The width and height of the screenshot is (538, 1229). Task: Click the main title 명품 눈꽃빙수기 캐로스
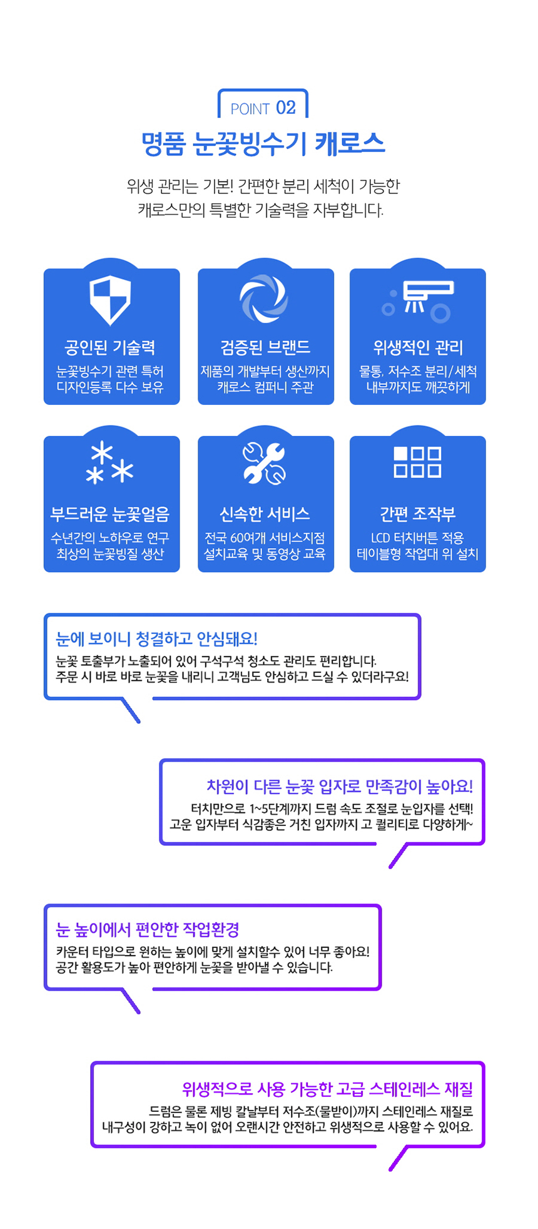tap(263, 144)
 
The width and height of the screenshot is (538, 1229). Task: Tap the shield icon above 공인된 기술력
tap(110, 299)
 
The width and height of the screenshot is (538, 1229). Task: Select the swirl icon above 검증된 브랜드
tap(264, 298)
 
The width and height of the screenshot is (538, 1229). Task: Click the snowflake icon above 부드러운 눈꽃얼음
tap(109, 464)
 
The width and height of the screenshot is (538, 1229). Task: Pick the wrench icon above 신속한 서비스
tap(264, 464)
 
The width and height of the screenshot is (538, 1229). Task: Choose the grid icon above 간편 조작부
tap(417, 462)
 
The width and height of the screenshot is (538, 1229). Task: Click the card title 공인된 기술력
tap(110, 347)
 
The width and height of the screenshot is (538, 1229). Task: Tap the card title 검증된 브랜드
tap(265, 347)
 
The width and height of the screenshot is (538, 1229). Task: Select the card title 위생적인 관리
tap(418, 347)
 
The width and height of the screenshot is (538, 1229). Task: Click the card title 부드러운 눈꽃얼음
tap(110, 514)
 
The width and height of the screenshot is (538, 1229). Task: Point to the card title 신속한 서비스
tap(265, 514)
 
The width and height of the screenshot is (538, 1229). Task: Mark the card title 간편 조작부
tap(417, 514)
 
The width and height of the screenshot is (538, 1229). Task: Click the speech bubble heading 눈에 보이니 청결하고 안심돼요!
tap(156, 638)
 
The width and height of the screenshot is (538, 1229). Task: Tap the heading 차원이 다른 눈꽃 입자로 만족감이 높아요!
tap(340, 786)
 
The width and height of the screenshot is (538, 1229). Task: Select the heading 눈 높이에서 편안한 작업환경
tap(148, 929)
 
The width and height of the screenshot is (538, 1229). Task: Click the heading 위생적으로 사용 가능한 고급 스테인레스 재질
tap(327, 1089)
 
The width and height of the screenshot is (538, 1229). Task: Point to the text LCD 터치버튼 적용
tap(417, 538)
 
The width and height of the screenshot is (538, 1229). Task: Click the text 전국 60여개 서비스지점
tap(265, 538)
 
